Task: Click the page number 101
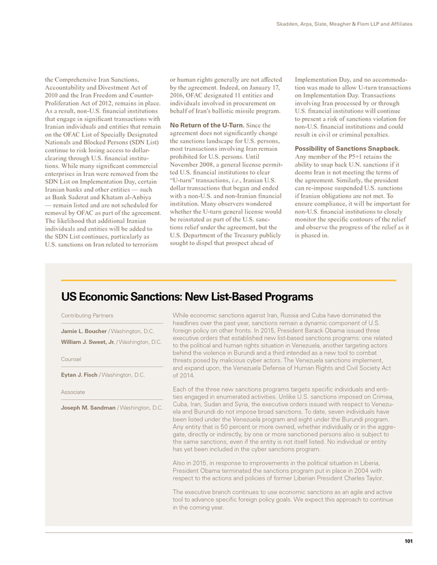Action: pos(408,541)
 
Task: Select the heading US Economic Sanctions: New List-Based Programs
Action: pos(187,297)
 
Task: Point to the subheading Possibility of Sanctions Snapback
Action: pos(348,148)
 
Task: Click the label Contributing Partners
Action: pos(87,316)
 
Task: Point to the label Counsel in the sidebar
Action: pos(71,358)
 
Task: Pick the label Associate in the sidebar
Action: pos(74,392)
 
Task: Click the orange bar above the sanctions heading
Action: pos(228,280)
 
